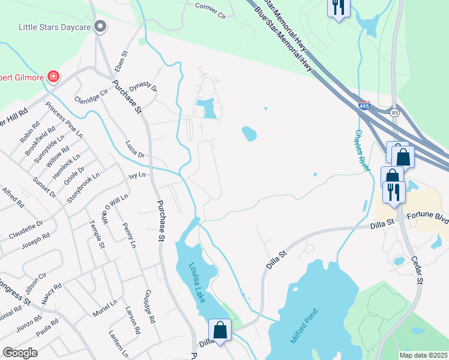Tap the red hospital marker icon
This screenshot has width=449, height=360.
coord(53,76)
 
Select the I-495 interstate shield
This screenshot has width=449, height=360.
coord(364,106)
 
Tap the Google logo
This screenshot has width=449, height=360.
coord(20,353)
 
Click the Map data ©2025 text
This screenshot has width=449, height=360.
coord(423,355)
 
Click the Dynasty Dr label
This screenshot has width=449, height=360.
coord(143,88)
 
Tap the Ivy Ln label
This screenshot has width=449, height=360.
coord(137,175)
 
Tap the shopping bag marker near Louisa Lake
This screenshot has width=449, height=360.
coord(220,329)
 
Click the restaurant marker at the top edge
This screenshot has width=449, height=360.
coord(338,7)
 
